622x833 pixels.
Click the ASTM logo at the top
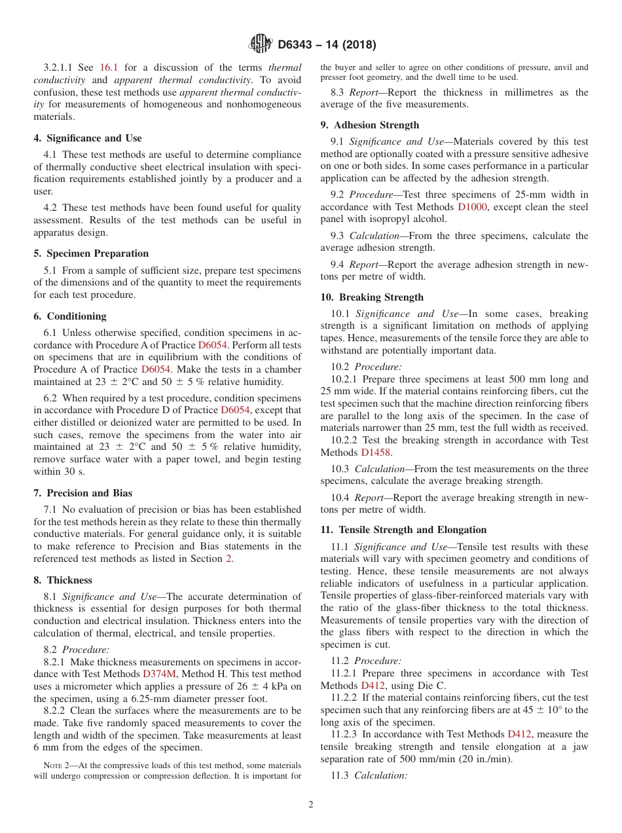coord(261,45)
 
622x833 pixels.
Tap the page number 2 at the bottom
coord(311,805)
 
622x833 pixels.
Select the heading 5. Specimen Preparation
coord(91,253)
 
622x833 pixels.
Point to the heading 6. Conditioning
coord(70,316)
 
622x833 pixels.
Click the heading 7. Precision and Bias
coord(82,493)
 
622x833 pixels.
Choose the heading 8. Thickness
coord(63,580)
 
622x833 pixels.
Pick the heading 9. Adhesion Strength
coord(370,125)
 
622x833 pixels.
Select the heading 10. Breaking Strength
coord(372,297)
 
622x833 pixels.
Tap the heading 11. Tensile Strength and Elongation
coord(403,530)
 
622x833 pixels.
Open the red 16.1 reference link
coord(109,67)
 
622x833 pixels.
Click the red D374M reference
coord(159,674)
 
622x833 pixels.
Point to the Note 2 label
coord(56,765)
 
